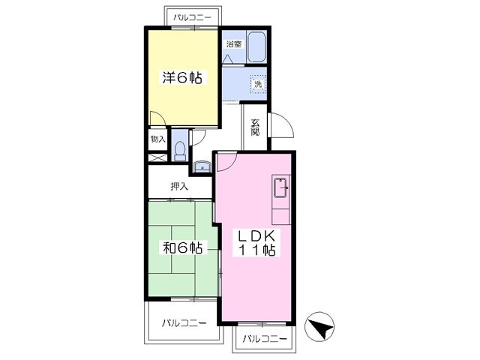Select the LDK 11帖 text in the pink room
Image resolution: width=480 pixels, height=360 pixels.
point(256,244)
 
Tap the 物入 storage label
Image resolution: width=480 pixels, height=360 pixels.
point(157,139)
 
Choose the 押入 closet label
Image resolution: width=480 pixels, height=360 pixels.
point(179,186)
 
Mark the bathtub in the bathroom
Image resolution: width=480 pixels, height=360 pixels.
point(256,48)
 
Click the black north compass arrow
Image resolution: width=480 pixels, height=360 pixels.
point(320,327)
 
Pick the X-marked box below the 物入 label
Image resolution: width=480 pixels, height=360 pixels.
point(157,158)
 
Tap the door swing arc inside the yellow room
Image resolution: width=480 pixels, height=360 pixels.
point(155,120)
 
